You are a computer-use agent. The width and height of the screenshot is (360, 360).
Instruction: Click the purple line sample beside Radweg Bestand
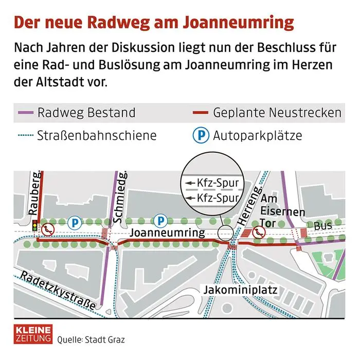click(x=25, y=113)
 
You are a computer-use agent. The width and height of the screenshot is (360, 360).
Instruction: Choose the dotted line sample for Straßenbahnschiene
click(x=25, y=136)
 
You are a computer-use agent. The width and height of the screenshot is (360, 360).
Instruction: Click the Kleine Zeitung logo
click(x=33, y=333)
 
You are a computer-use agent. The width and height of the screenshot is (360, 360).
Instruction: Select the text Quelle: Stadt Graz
click(x=91, y=339)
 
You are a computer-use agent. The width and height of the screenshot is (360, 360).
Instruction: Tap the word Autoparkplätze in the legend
click(x=258, y=136)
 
